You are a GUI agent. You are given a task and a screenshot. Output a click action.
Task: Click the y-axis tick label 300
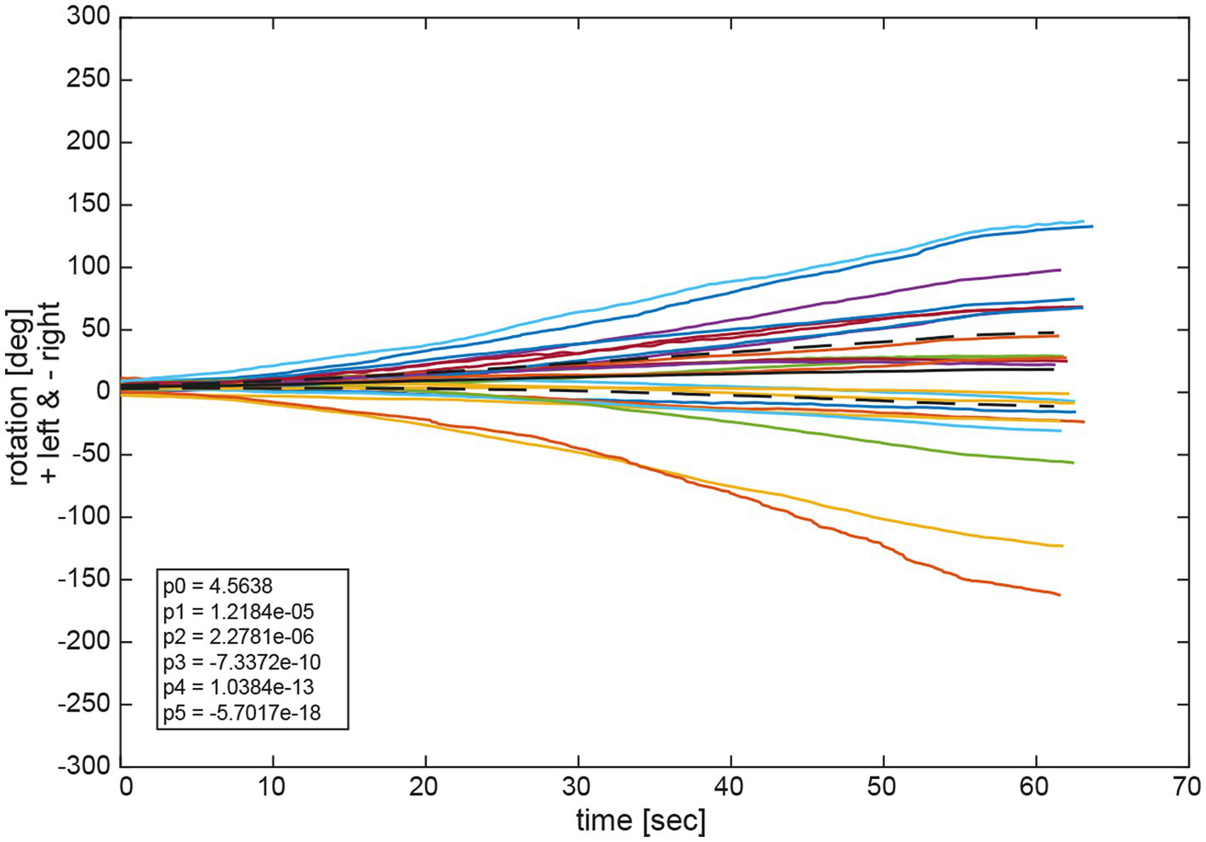88,17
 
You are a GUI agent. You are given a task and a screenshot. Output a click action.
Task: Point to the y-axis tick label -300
84,765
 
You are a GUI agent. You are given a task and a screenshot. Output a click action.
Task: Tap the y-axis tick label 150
88,204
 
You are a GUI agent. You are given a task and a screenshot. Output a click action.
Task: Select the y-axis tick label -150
84,578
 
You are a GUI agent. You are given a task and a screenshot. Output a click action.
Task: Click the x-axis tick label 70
1186,787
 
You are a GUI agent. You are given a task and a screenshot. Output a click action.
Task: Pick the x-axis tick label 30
577,787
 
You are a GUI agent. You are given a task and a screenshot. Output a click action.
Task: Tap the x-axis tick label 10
273,787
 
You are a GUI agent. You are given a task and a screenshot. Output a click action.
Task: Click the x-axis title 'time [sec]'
640,821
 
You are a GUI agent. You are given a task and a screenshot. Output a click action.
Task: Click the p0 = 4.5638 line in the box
218,586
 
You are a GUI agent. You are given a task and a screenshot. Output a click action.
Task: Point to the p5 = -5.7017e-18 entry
242,713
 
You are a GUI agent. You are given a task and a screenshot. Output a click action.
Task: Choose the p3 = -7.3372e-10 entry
242,662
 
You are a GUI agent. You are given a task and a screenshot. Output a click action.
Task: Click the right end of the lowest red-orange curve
1059,595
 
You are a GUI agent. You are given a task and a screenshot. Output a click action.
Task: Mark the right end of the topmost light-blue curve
1083,221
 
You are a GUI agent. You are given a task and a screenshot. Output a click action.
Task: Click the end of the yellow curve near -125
1062,546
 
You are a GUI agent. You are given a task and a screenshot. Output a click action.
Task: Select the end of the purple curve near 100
1060,270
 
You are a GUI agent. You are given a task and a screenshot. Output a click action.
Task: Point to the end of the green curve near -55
1072,463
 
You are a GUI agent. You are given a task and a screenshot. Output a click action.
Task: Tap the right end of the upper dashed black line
1055,333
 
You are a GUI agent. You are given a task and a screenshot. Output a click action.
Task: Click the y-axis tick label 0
103,391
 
